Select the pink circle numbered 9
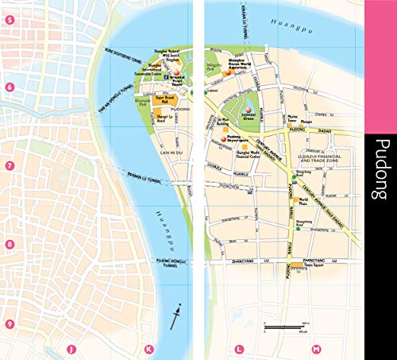tap(10, 323)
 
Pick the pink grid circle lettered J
tap(71, 348)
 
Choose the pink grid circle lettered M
tap(316, 348)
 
